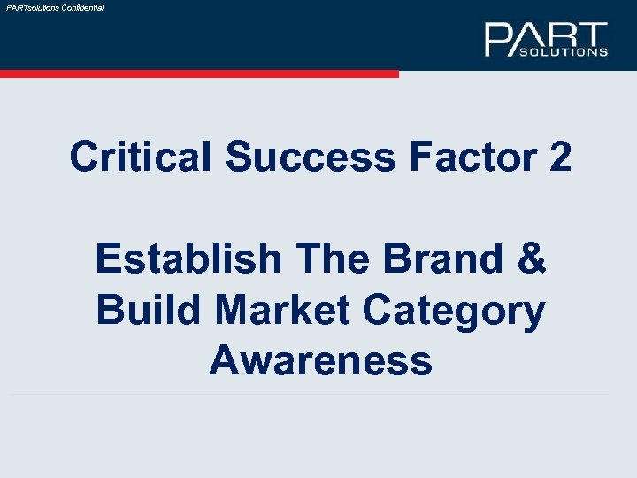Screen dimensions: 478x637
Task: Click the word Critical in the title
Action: pyautogui.click(x=141, y=158)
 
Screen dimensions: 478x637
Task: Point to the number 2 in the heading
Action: pyautogui.click(x=560, y=158)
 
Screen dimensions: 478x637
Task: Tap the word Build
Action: pyautogui.click(x=143, y=311)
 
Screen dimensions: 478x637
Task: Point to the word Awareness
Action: pyautogui.click(x=320, y=361)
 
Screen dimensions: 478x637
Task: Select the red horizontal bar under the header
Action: pyautogui.click(x=199, y=74)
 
